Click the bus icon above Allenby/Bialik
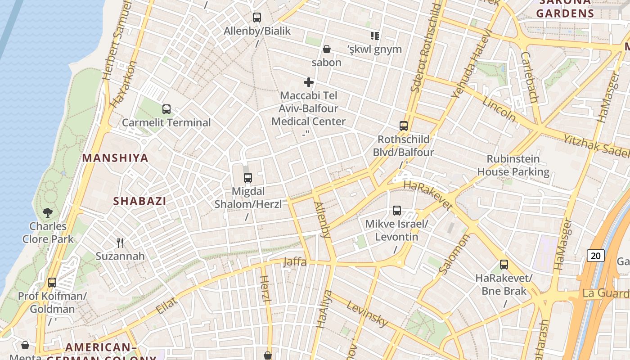257,18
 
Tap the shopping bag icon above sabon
327,49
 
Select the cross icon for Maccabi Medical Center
309,82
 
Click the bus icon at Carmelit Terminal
166,109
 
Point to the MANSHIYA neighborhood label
115,158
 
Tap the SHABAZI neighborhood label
139,201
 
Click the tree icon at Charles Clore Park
48,212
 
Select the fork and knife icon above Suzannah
120,243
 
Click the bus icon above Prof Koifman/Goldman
52,283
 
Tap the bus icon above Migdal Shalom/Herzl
248,178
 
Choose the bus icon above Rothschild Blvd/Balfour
404,126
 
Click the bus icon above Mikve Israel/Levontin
397,210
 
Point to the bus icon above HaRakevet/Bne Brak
504,265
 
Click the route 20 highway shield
595,256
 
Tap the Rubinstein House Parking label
513,165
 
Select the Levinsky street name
367,313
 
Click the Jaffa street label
295,262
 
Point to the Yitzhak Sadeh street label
596,145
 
